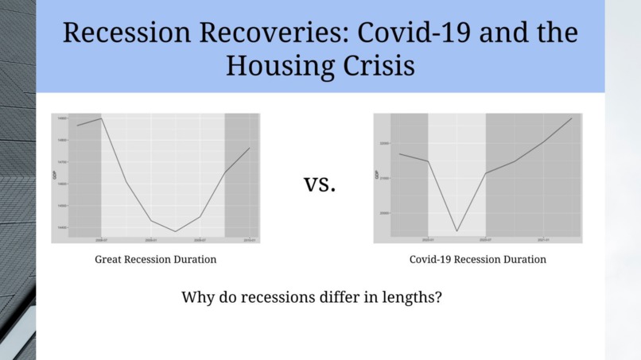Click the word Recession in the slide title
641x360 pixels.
(115, 33)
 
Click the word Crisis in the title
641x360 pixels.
(379, 65)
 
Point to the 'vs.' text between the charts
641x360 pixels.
(320, 184)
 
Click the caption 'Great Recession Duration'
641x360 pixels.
(156, 259)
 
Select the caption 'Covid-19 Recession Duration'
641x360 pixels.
(478, 259)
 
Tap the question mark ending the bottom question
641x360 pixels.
(438, 299)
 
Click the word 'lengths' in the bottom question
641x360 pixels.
(404, 299)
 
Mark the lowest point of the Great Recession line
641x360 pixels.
(175, 231)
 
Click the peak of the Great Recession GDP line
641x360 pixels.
(101, 118)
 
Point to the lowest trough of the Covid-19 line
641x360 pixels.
(456, 231)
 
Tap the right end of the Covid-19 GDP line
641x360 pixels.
(572, 118)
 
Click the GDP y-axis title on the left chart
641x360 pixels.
(54, 175)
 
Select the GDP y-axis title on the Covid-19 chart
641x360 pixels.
(377, 175)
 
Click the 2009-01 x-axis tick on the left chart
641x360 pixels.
(150, 239)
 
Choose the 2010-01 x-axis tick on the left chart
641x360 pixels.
(249, 239)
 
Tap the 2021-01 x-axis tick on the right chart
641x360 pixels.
(543, 239)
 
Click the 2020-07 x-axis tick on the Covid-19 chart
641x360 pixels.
(485, 239)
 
